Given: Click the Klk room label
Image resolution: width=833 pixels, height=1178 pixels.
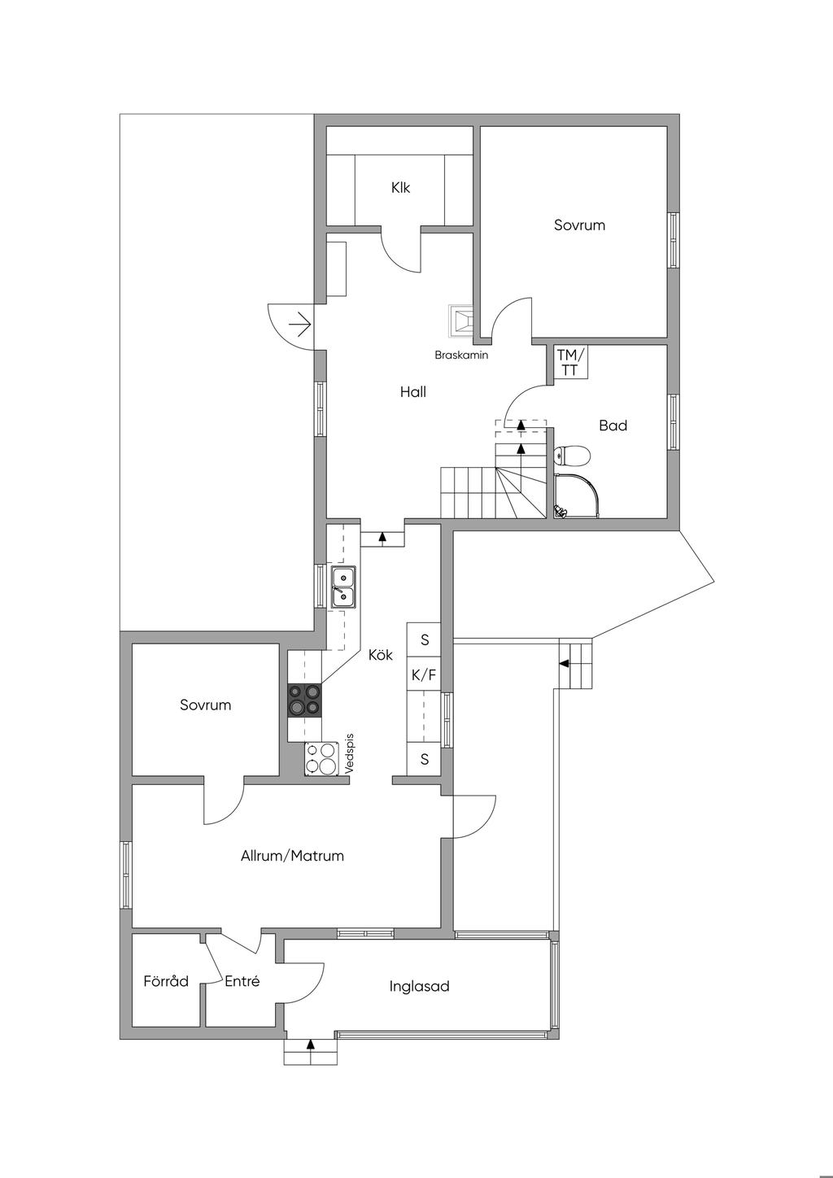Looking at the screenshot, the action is pos(400,188).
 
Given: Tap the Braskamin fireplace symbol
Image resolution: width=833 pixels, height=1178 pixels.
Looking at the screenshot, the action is pos(460,321).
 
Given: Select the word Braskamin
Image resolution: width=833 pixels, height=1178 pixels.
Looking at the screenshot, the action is pos(461,355).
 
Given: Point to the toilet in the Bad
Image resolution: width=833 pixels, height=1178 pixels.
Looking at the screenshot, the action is pos(572,455).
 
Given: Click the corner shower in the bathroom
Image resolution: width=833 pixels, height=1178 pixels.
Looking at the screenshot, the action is pos(577,495).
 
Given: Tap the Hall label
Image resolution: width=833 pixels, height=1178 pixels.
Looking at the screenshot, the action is pos(412,392).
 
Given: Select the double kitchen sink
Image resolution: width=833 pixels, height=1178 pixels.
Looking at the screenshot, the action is pos(342,587).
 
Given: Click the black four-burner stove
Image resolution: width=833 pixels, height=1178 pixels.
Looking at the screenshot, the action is pos(304,700).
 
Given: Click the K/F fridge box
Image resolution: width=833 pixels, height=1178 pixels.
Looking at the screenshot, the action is pos(424,674).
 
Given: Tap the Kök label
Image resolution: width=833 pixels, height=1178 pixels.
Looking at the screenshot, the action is pos(380,655).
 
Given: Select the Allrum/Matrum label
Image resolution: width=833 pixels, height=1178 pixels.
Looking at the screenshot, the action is pos(292,856).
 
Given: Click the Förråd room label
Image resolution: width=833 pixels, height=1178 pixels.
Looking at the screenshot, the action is pos(166,981).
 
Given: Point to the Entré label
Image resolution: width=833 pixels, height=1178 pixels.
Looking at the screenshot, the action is pos(242,981).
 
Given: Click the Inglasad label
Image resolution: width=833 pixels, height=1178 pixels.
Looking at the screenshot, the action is pos(419,986).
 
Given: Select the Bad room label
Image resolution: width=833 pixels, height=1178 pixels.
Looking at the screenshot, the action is pos(613,425).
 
